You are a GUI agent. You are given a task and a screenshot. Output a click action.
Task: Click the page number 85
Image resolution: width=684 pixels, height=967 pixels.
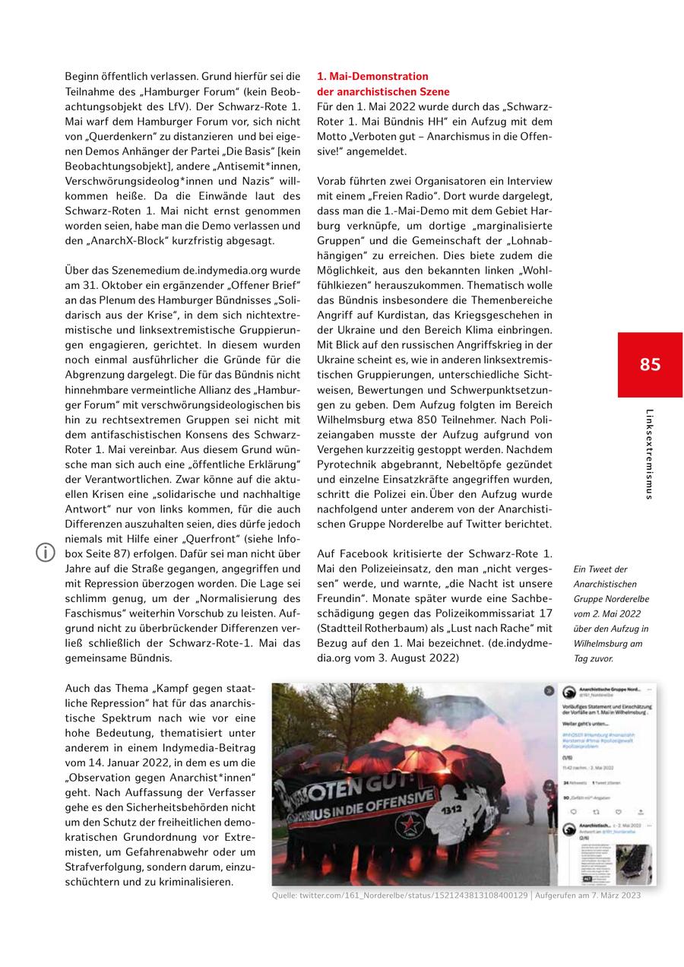[x=650, y=364]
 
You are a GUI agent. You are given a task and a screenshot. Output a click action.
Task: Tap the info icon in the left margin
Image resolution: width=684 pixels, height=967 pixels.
[x=46, y=553]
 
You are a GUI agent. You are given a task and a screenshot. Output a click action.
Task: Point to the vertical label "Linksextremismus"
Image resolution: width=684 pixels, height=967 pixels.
[x=648, y=454]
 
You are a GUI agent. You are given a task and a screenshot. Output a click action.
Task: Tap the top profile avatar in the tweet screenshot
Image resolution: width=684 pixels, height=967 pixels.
[x=568, y=693]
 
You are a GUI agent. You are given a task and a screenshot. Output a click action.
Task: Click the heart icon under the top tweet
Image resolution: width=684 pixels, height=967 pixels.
[x=617, y=811]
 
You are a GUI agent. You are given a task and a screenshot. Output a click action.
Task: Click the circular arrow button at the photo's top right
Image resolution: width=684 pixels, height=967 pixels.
[x=549, y=691]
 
